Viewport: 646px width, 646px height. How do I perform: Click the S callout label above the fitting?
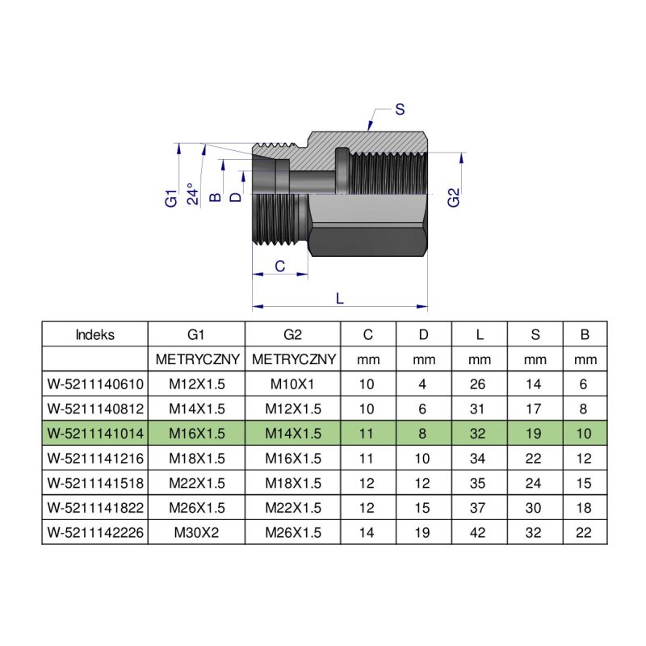(x=400, y=110)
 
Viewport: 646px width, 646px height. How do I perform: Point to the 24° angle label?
(x=193, y=194)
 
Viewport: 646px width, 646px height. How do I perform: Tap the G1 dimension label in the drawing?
(x=171, y=198)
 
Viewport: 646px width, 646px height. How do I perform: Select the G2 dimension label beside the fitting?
(x=453, y=197)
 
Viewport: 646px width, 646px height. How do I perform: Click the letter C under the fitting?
(x=279, y=266)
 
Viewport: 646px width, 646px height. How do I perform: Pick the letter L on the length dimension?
(x=339, y=298)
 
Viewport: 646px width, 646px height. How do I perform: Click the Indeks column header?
(x=94, y=334)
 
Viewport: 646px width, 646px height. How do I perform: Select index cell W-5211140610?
(x=95, y=384)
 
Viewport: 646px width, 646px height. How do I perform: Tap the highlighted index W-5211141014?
(x=95, y=434)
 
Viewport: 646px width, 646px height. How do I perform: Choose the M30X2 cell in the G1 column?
(x=196, y=532)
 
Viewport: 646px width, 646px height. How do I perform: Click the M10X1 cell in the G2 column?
(x=292, y=384)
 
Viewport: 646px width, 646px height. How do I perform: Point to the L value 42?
(x=477, y=532)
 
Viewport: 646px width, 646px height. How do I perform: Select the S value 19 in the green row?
(x=533, y=434)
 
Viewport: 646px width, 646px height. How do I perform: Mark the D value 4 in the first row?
(x=422, y=384)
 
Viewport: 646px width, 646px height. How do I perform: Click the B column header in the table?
(x=585, y=334)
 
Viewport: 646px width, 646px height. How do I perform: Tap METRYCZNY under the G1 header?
(x=197, y=359)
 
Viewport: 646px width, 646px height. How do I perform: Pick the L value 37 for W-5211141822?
(x=477, y=508)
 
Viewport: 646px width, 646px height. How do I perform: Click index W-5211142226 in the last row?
(x=95, y=532)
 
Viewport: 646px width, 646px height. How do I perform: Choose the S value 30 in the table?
(x=533, y=508)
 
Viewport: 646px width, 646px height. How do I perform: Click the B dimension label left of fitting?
(x=215, y=197)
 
